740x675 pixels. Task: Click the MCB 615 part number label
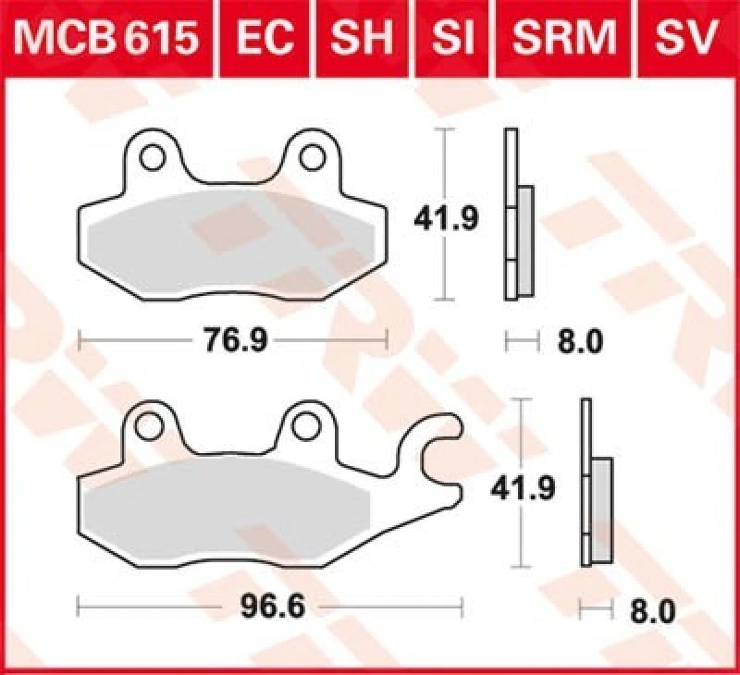click(x=106, y=38)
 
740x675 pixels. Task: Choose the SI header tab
click(x=450, y=38)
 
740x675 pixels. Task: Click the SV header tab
click(x=685, y=38)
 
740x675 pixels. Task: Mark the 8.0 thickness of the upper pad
click(x=581, y=342)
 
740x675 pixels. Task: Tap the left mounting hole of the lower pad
click(x=148, y=425)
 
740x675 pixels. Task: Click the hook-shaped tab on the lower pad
click(x=437, y=455)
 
